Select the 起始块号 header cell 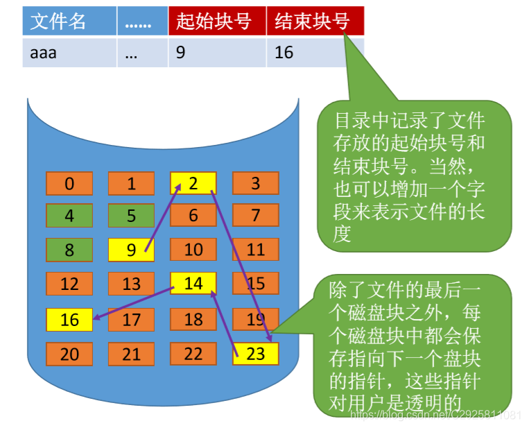click(x=217, y=22)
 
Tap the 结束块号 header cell click(x=315, y=22)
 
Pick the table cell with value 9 click(x=217, y=52)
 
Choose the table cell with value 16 click(x=315, y=52)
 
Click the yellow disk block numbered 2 click(x=193, y=183)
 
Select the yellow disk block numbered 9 click(x=131, y=250)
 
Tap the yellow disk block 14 click(x=193, y=283)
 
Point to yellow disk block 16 click(x=69, y=320)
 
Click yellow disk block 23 click(x=255, y=353)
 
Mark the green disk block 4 click(x=69, y=216)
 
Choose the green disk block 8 click(x=69, y=250)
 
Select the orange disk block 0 click(x=69, y=183)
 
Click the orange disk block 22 click(x=193, y=353)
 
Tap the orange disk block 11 click(x=255, y=250)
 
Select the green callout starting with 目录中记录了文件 click(x=413, y=177)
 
